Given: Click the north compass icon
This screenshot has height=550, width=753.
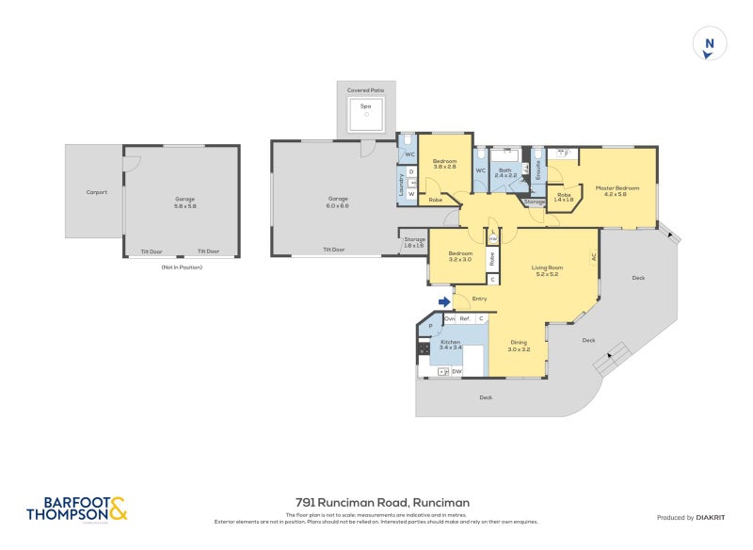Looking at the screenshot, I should pos(710,43).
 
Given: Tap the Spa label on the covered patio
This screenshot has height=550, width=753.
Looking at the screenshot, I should pos(365,106).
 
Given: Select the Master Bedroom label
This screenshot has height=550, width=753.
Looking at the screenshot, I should pos(617,191).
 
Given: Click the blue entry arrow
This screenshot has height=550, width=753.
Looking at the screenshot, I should pos(443,301).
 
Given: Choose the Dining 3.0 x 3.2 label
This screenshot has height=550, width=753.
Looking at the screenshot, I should pos(520,346).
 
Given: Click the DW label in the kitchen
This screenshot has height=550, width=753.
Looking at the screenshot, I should pos(457,373).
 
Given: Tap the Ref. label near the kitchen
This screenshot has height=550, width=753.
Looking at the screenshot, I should pos(465,318).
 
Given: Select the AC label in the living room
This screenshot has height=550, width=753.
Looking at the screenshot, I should pos(594,256).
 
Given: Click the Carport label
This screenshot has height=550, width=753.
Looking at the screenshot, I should pos(97,192).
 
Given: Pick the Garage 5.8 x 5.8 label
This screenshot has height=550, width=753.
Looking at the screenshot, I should pos(184,202).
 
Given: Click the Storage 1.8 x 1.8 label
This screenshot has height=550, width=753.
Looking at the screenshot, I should pos(414,242).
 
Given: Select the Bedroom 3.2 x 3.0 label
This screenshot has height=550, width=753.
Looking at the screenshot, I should pos(460,256).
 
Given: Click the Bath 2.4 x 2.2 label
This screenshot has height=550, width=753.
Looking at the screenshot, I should pos(505,173).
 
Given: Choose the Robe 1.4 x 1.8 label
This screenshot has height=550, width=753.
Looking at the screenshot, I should pos(563,197).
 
